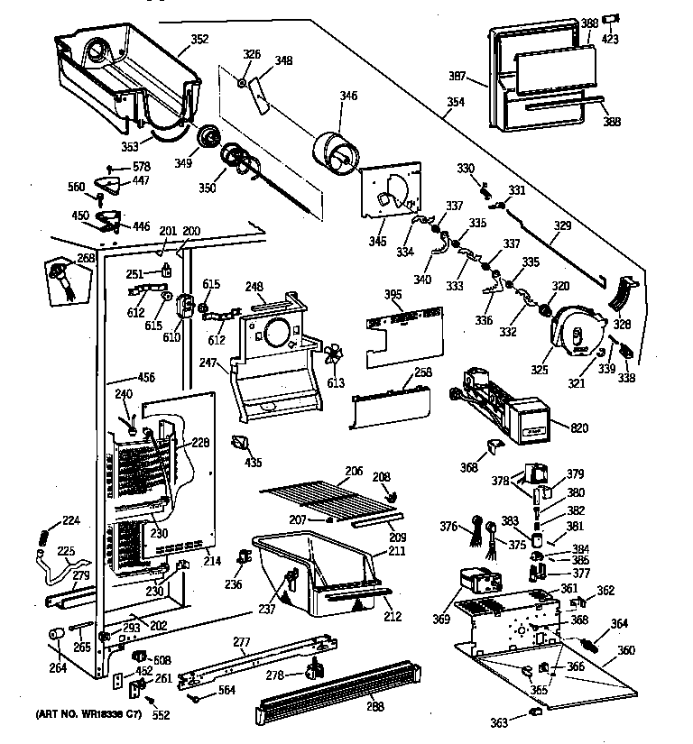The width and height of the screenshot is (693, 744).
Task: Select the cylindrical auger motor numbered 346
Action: pos(337,151)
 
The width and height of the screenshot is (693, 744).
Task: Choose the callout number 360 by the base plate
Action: pos(625,651)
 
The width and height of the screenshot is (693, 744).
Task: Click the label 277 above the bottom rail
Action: pos(241,643)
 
